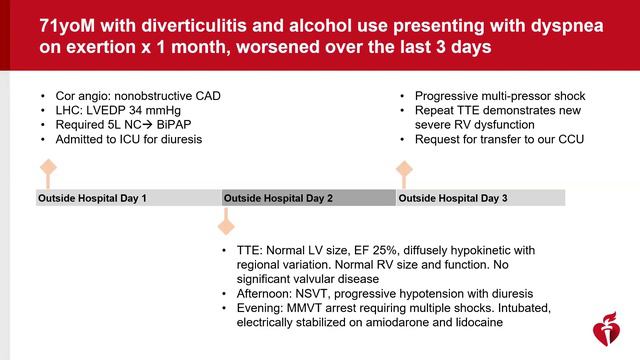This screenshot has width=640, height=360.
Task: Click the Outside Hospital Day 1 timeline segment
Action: pos(128,198)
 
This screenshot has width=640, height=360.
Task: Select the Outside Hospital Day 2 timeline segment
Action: pos(308,198)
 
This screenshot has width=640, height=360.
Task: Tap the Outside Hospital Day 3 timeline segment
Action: pos(480,198)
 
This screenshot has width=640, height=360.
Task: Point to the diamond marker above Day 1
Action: pos(46,167)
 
